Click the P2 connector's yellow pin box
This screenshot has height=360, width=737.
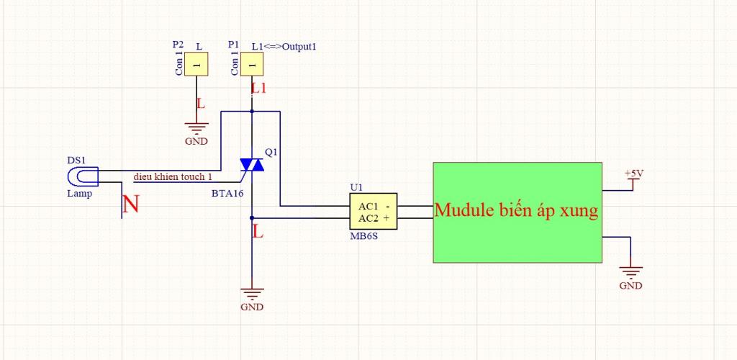coord(196,64)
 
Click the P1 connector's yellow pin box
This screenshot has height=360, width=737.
coord(252,64)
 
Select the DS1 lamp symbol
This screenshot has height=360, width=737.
coord(83,176)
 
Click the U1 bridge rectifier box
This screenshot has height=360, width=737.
coord(374,212)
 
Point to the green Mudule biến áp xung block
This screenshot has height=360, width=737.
coord(517,212)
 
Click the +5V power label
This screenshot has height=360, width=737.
coord(633,174)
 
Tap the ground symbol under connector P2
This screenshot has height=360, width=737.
coord(196,128)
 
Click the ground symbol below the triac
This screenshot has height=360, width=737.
coord(252,294)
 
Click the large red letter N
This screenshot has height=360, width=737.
coord(131,205)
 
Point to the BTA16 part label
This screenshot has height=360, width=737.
coord(227,193)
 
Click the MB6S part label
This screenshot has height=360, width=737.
coord(363,236)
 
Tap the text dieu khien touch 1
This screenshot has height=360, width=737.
coord(173,176)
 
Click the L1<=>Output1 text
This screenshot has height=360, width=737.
coord(284,47)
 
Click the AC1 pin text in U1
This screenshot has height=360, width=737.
coord(368,207)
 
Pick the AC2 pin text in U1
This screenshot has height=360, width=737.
coord(368,218)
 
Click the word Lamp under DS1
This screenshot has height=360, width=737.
coord(79,194)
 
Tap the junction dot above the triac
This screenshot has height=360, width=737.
coord(252,112)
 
